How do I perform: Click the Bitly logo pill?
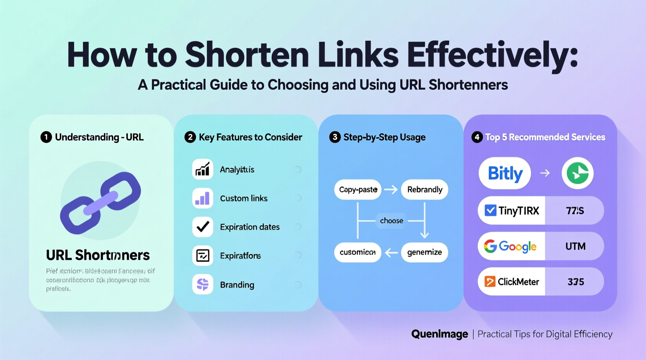[x=505, y=173]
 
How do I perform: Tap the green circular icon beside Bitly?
[x=577, y=173]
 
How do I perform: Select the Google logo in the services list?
[x=510, y=246]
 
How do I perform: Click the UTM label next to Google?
[x=575, y=246]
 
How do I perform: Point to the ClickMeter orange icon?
[x=490, y=282]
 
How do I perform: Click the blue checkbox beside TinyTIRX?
[x=490, y=211]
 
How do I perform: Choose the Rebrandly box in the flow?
[x=424, y=190]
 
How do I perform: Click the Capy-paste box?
[x=358, y=190]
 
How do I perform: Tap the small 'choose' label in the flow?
[x=391, y=221]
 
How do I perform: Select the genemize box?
[x=424, y=253]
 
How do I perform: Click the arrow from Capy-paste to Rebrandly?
[x=391, y=190]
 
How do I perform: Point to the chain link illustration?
[x=101, y=202]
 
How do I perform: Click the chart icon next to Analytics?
[x=203, y=170]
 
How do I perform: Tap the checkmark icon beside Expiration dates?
[x=203, y=227]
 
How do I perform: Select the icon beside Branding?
[x=203, y=285]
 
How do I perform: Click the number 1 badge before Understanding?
[x=46, y=137]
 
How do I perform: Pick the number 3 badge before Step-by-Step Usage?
[x=335, y=137]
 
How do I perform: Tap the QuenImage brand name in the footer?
[x=439, y=334]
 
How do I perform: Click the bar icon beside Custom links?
[x=203, y=198]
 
